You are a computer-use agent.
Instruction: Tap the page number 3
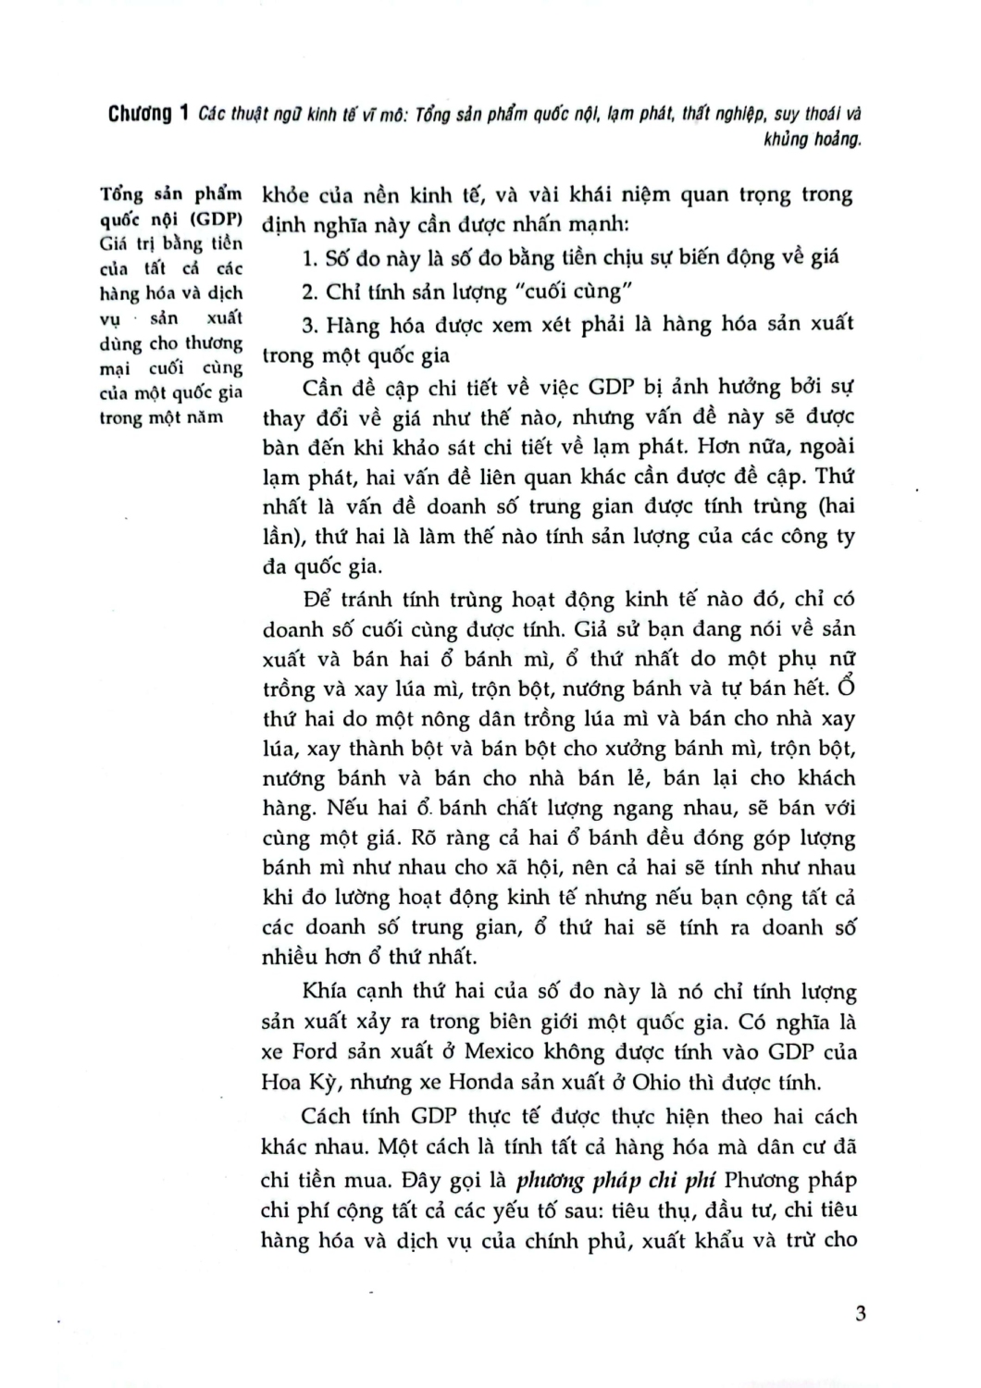tap(861, 1313)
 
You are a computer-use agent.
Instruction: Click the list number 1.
tap(309, 257)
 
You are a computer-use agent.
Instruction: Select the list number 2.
tap(309, 292)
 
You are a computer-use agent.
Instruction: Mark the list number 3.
tap(309, 325)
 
